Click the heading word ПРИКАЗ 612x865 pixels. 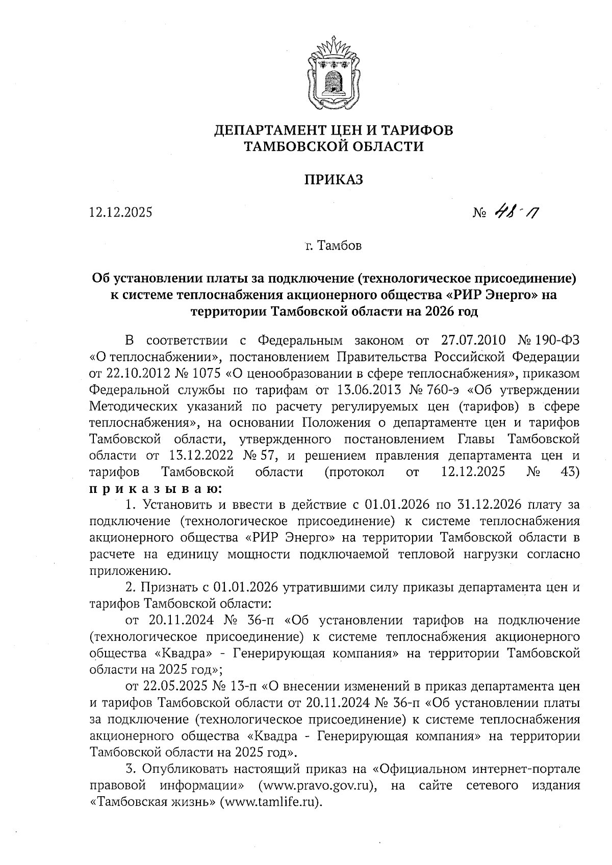pos(334,179)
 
